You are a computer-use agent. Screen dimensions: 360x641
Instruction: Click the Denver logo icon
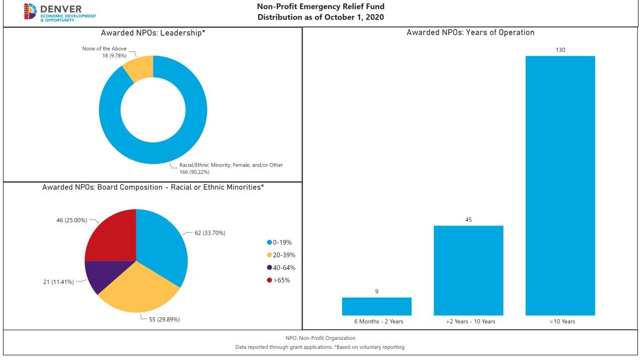click(30, 12)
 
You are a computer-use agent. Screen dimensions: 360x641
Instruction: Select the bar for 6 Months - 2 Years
click(376, 306)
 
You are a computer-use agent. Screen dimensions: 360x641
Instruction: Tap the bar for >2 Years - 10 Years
click(468, 270)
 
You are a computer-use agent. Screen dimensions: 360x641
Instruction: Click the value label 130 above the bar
click(560, 50)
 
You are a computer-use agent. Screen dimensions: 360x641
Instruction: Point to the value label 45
click(468, 220)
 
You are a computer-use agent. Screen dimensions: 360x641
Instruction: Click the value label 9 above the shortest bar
click(376, 292)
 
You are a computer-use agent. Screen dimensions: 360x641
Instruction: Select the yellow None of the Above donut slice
click(139, 68)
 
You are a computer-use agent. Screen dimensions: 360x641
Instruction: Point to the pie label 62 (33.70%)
click(210, 233)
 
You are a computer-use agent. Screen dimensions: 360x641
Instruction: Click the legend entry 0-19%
click(282, 242)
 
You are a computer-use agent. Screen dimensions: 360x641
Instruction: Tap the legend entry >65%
click(281, 280)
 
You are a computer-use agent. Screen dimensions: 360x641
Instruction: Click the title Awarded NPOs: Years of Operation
click(470, 32)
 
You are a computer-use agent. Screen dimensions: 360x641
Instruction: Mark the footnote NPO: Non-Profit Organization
click(320, 338)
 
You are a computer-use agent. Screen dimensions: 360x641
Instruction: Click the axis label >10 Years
click(562, 321)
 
